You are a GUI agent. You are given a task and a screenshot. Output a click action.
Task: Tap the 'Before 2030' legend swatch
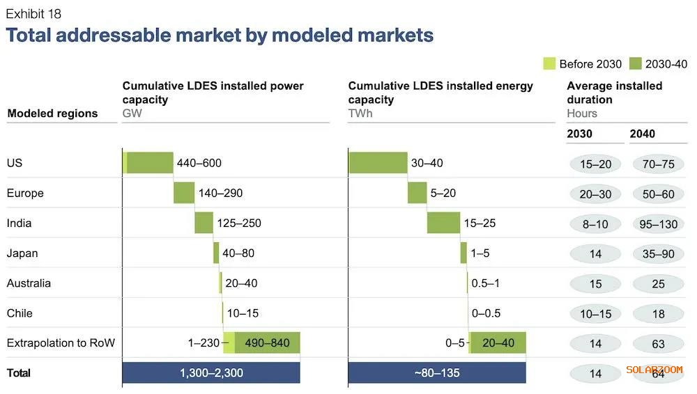pos(549,64)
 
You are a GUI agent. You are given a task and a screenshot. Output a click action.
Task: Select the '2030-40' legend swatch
pos(636,64)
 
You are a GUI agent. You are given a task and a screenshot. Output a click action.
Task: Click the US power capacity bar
pos(149,163)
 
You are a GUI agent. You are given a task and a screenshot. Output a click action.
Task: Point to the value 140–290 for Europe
pos(222,193)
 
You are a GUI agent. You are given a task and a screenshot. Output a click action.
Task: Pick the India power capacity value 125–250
pos(240,223)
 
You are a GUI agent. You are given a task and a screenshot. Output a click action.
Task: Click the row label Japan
pos(22,253)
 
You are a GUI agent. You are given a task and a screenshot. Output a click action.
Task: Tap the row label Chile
pos(20,313)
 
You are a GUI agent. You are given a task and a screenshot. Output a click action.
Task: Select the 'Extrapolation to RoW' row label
pos(61,342)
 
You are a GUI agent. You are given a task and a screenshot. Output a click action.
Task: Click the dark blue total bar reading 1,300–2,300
pos(211,372)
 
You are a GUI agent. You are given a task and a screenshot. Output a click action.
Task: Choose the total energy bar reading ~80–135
pos(436,372)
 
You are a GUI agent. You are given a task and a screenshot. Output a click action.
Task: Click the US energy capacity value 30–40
pos(427,163)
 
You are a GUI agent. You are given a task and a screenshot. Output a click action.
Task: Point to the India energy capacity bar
pos(443,223)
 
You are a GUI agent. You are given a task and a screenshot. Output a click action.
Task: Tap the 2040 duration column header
pos(643,134)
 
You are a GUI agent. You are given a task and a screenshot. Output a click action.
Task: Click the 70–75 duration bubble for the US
pos(658,164)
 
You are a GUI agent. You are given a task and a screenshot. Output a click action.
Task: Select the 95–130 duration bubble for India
pos(658,224)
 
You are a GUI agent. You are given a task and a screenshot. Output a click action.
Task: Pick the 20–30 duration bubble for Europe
pos(595,194)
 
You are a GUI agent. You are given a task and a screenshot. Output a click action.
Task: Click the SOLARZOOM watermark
pos(654,370)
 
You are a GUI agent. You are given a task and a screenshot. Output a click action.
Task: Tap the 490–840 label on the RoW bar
pos(268,342)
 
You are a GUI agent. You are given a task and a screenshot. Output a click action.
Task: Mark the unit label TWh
pos(360,113)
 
